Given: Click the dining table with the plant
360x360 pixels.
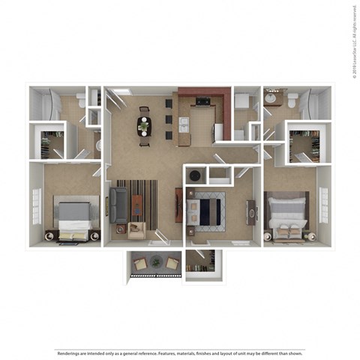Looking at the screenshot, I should pyautogui.click(x=143, y=125).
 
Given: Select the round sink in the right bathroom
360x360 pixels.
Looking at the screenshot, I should pyautogui.click(x=271, y=97).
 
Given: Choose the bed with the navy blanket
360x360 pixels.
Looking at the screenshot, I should pyautogui.click(x=205, y=210).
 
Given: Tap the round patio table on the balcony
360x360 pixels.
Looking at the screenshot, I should pyautogui.click(x=156, y=262).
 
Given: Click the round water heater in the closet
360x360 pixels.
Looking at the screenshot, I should pyautogui.click(x=195, y=175).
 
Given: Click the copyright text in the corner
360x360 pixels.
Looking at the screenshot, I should pyautogui.click(x=352, y=41).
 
